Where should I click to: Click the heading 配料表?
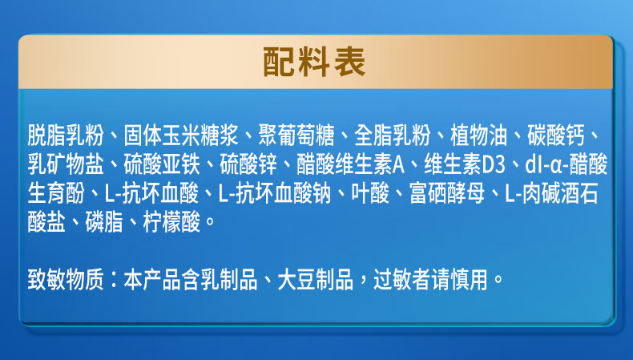316,61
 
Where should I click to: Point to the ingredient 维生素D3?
465,164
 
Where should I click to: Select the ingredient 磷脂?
103,220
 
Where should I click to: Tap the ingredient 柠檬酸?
170,220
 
